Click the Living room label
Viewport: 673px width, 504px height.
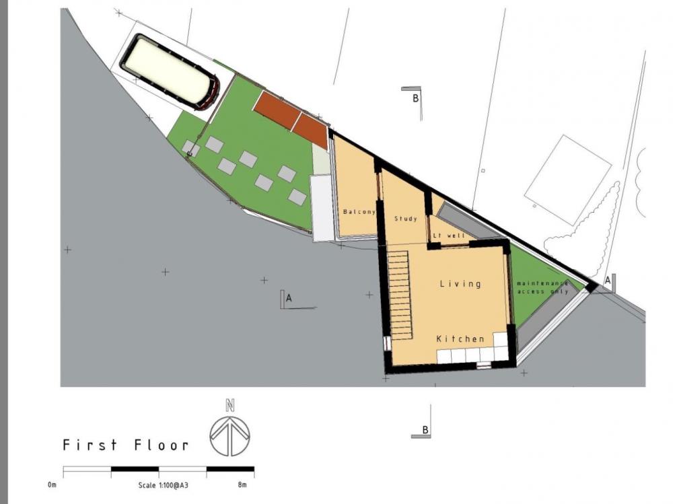460,283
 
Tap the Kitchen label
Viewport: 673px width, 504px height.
460,338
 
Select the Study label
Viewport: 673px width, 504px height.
406,219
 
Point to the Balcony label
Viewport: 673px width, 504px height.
359,212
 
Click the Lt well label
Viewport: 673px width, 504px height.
449,236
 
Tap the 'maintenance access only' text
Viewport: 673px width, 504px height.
542,287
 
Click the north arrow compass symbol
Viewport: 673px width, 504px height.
230,436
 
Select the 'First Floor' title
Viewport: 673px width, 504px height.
126,445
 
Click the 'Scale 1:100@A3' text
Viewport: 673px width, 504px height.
163,485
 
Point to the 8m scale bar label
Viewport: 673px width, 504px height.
242,485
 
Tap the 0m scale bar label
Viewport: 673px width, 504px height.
52,485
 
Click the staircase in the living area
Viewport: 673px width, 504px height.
400,295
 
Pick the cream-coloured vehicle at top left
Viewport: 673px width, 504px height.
170,71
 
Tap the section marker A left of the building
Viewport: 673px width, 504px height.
289,299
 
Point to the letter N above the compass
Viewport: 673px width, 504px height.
230,405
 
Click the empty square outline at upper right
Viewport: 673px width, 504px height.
568,180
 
